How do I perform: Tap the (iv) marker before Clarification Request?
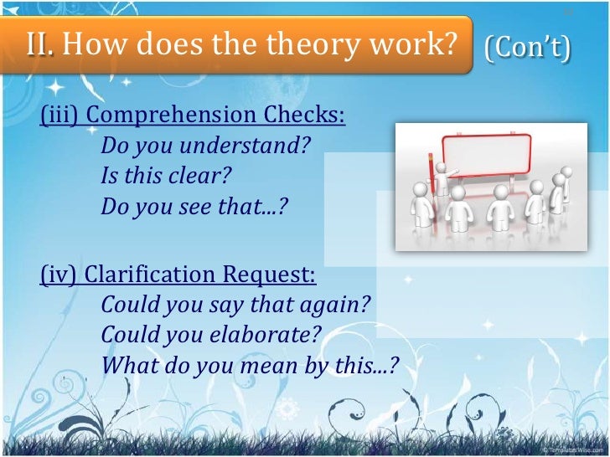click(x=59, y=274)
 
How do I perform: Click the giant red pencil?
click(x=432, y=177)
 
